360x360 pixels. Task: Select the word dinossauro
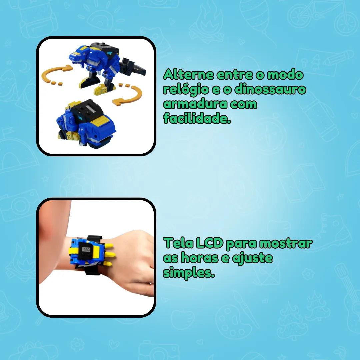[x=270, y=90]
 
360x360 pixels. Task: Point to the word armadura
[x=191, y=104]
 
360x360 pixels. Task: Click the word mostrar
[x=286, y=244]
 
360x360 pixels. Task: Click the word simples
[x=188, y=273]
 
